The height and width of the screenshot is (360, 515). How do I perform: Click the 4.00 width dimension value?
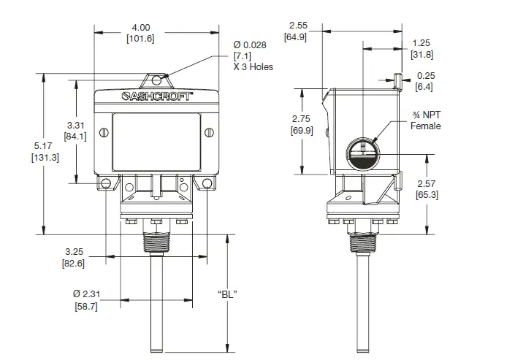(140, 26)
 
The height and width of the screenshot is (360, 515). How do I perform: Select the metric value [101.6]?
(140, 38)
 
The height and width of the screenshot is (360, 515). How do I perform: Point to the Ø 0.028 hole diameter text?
(251, 45)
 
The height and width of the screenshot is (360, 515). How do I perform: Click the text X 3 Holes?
(253, 66)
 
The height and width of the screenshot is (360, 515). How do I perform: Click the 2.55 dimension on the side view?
(297, 24)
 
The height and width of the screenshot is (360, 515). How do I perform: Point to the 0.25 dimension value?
(425, 76)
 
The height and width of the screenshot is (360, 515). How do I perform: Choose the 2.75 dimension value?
(302, 118)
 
